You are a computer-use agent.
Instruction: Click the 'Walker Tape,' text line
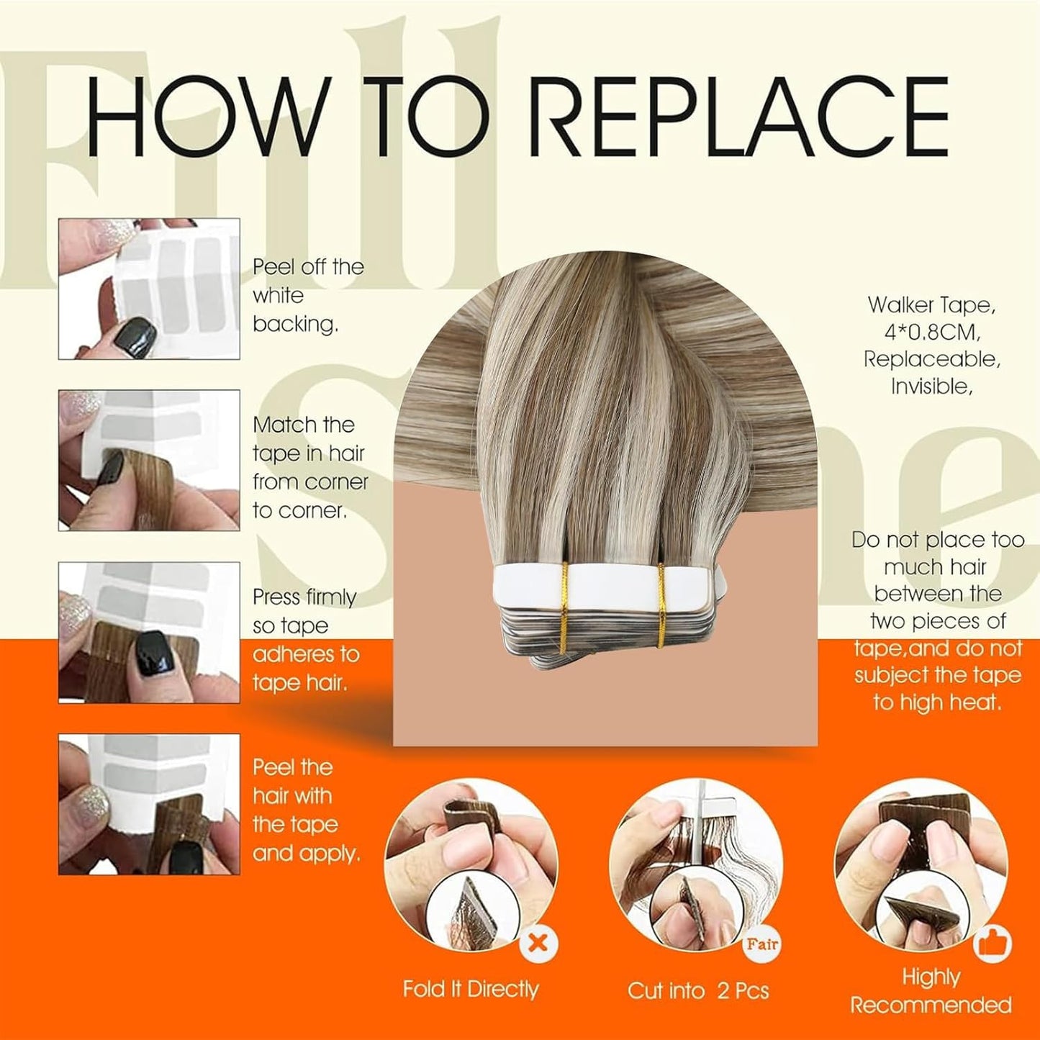[931, 306]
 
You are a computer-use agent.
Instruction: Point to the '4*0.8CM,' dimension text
[931, 333]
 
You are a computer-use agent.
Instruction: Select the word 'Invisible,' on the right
[931, 386]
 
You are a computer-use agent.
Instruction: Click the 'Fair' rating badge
[761, 944]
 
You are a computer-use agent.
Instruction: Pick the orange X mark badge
[538, 944]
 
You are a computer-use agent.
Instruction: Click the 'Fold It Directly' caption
[471, 990]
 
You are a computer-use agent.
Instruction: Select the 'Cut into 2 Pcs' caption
[698, 991]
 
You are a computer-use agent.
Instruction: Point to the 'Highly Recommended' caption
[931, 991]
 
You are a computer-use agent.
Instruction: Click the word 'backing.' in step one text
[295, 325]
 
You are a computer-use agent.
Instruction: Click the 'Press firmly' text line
[304, 597]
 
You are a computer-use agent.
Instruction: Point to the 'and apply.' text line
[306, 854]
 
